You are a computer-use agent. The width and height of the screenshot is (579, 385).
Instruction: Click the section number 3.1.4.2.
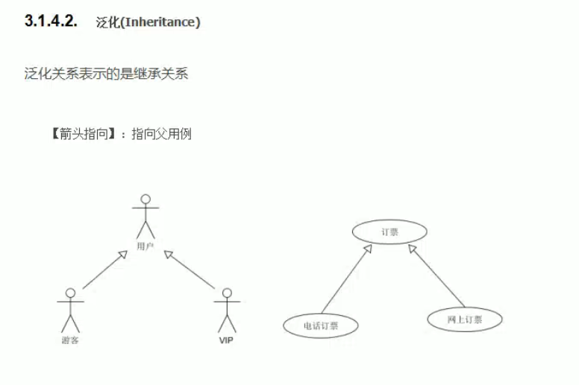51,22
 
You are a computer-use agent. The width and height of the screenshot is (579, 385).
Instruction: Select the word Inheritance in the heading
161,22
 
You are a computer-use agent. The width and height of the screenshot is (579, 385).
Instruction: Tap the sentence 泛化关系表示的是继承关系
106,74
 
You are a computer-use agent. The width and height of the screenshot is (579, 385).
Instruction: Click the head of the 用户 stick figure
146,200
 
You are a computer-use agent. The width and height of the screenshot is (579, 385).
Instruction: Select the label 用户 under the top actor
146,246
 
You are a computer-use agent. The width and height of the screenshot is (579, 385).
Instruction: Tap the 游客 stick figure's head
71,293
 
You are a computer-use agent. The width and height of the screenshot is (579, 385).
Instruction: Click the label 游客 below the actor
71,340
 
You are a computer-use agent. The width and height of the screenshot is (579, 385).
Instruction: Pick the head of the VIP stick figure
227,293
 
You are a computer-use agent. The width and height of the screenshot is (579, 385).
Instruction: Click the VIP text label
227,340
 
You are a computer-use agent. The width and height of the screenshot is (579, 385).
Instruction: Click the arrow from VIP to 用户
190,270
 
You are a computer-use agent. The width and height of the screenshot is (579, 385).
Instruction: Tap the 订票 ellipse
389,232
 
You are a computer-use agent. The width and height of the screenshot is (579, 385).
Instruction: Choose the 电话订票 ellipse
321,325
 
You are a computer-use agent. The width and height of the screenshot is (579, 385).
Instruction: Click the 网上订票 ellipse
465,319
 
